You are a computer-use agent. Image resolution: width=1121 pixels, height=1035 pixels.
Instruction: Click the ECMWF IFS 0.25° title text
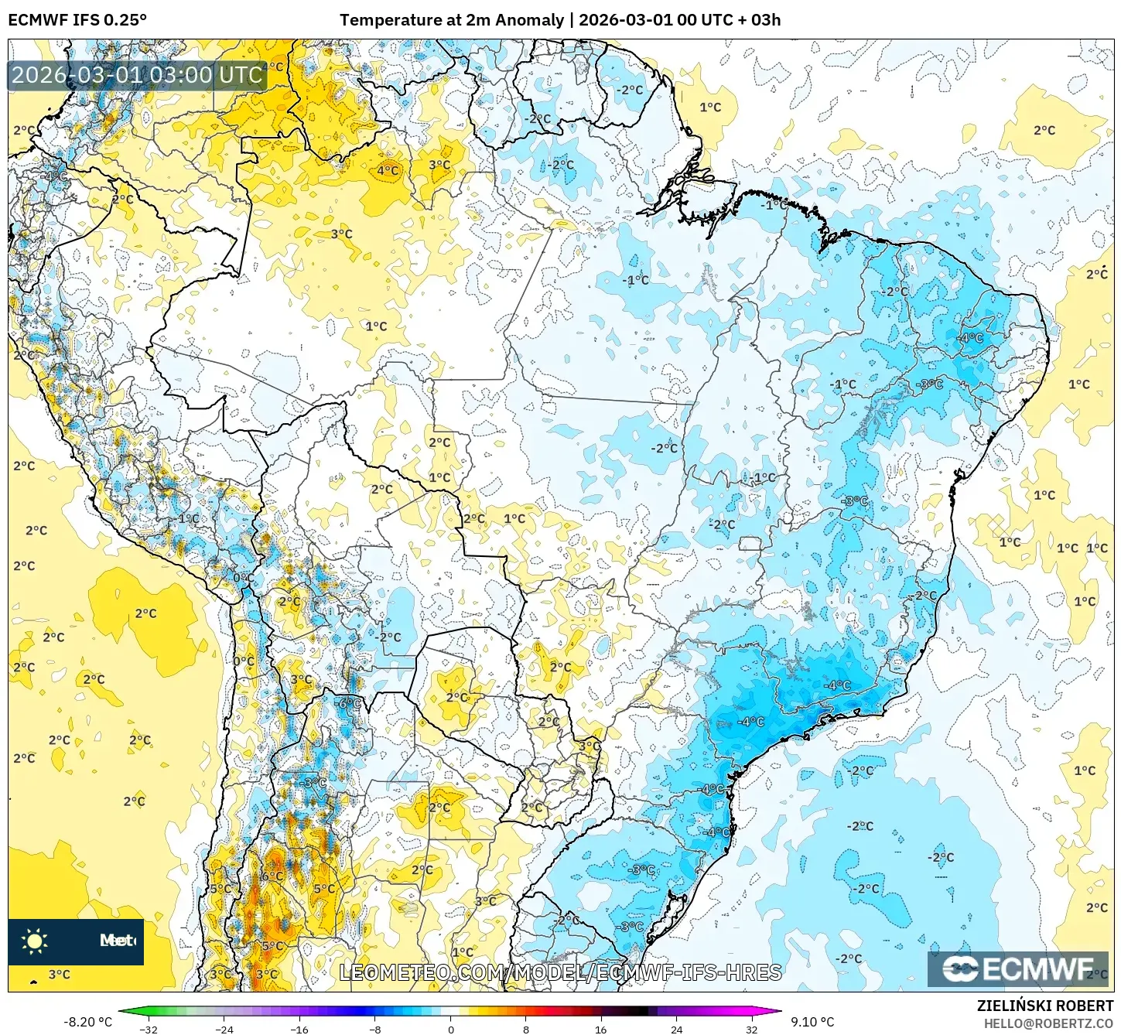tap(77, 20)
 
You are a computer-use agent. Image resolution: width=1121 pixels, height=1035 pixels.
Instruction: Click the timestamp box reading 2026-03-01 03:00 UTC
tap(138, 75)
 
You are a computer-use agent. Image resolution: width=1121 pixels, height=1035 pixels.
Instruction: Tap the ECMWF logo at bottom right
tap(1020, 968)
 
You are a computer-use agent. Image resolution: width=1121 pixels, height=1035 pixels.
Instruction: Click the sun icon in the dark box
tap(35, 941)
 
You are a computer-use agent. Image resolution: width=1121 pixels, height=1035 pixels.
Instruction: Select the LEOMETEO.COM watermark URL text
tap(560, 972)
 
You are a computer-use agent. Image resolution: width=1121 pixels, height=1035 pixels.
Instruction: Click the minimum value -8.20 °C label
tap(87, 1022)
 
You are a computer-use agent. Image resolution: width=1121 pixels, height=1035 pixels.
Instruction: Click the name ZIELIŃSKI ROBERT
tap(1044, 1006)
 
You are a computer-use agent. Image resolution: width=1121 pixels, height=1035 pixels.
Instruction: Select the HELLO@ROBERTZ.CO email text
tap(1048, 1023)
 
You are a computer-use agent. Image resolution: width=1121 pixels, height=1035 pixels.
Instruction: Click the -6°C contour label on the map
tap(350, 703)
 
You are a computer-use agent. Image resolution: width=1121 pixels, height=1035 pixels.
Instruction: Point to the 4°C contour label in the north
tap(388, 171)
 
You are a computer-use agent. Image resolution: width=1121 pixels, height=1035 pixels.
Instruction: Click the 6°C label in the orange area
tap(272, 876)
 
